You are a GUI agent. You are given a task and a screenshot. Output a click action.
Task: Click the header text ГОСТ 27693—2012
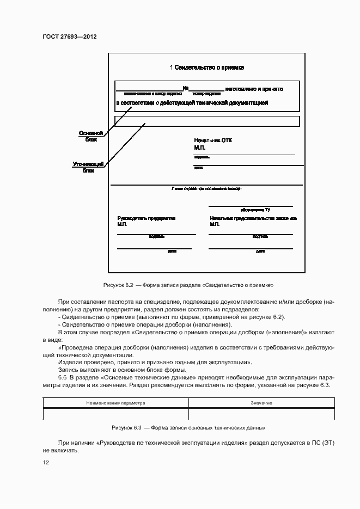click(x=69, y=37)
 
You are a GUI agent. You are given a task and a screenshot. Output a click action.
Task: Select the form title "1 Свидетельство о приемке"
click(x=206, y=68)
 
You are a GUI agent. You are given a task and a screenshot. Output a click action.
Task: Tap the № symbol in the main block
click(x=185, y=88)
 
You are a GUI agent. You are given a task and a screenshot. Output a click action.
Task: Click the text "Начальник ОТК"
click(x=213, y=140)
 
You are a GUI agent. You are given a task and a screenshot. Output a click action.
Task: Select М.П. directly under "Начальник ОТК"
click(x=199, y=148)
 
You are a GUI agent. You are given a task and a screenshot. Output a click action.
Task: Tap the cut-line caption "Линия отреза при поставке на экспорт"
click(x=206, y=188)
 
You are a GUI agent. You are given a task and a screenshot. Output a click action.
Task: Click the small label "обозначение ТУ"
click(x=255, y=210)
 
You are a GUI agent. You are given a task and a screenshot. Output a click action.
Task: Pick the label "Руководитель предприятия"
click(x=146, y=218)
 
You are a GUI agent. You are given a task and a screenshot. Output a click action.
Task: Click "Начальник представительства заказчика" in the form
click(x=253, y=218)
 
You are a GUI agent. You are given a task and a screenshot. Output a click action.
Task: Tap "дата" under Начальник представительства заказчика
click(x=260, y=252)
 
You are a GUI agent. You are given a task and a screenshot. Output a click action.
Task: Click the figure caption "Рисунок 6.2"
click(x=119, y=285)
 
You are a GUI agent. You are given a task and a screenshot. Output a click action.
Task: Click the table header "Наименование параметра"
click(x=116, y=403)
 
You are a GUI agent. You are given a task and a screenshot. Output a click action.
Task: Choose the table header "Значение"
click(x=261, y=403)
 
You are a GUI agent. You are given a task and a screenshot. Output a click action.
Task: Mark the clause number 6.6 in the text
click(x=62, y=378)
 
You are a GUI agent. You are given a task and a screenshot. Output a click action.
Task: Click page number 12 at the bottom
click(x=46, y=462)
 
